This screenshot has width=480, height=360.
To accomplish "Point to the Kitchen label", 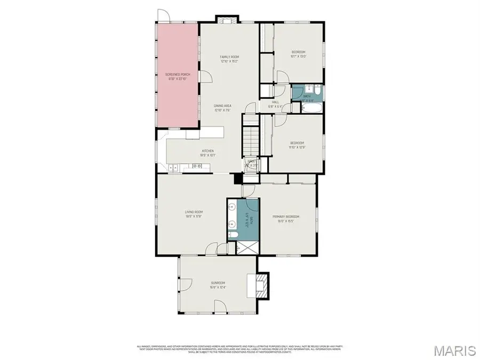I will [x=207, y=151].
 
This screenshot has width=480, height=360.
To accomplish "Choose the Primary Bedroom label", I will [x=286, y=217].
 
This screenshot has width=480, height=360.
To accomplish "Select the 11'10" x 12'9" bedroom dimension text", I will [x=297, y=147].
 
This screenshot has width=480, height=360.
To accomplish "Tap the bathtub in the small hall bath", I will [x=310, y=108].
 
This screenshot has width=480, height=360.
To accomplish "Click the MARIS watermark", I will [x=454, y=350].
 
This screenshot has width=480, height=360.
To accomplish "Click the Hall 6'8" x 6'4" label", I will [x=276, y=104].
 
